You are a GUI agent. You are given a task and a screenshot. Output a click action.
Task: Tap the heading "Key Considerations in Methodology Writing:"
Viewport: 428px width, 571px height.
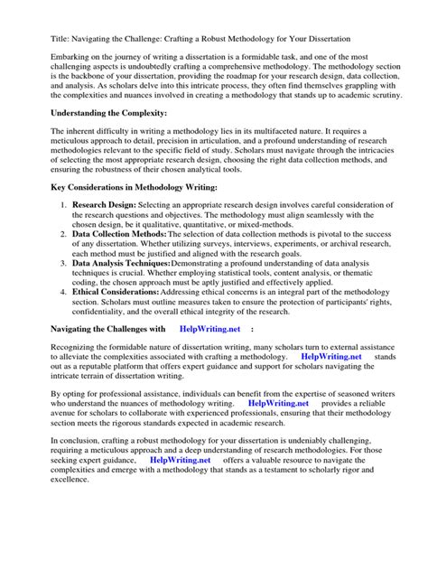135,187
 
